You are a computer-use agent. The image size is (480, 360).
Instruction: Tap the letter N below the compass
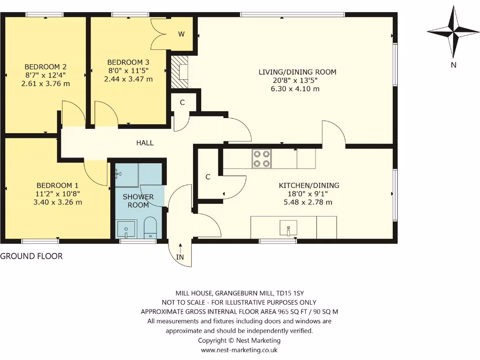click(453, 65)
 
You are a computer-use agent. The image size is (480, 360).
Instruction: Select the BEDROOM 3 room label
click(128, 62)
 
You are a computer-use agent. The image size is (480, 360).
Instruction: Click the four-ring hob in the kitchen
click(261, 158)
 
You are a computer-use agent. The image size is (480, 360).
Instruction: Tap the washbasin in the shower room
click(126, 229)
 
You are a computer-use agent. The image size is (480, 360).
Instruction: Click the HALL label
click(145, 143)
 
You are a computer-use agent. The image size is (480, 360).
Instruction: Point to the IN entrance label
click(180, 257)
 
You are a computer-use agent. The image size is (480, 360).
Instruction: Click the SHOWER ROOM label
click(138, 201)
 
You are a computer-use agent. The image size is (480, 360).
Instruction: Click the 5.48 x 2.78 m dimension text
click(308, 202)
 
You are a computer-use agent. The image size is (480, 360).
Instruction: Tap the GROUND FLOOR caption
click(31, 256)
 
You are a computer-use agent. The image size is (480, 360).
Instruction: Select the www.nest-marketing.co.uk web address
click(240, 350)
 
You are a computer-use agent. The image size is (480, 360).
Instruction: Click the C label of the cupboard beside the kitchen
click(208, 177)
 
